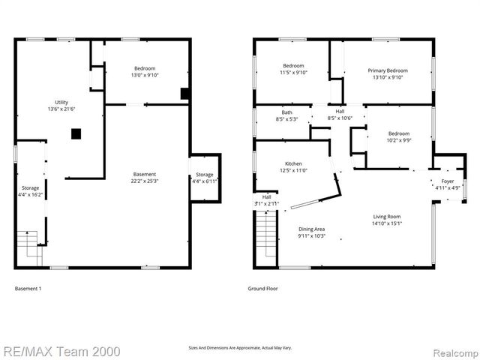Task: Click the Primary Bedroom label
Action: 386,70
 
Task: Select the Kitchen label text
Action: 293,163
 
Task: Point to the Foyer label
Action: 447,181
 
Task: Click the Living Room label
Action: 388,217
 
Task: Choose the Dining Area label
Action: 311,229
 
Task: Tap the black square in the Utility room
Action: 76,134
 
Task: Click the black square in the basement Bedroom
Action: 184,94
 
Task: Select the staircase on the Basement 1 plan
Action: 28,244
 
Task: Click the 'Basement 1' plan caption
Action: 28,288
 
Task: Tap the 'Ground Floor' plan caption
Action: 262,288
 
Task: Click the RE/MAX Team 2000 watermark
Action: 51,350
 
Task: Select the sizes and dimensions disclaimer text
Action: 239,347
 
